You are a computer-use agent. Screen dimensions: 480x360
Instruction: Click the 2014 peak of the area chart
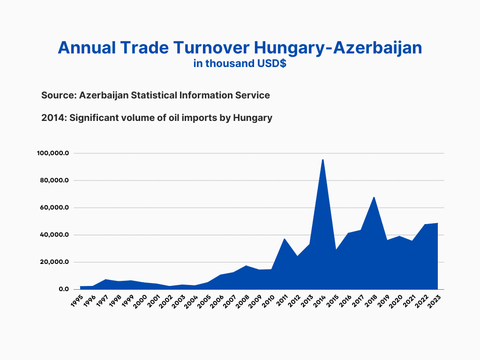coord(322,160)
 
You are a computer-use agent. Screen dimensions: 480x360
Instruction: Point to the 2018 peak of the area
coord(374,197)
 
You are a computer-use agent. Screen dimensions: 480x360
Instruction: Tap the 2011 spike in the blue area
coord(285,239)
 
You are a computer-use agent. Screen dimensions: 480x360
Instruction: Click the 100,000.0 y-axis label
coord(53,153)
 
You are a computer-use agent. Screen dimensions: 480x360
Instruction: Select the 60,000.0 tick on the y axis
coord(54,208)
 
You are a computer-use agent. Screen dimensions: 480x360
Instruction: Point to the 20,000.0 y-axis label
coord(54,262)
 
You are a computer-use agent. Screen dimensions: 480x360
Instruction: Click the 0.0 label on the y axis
coord(64,289)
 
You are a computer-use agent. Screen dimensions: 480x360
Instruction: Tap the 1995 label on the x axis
coord(77,301)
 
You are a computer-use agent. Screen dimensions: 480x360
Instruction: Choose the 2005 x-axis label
coord(204,301)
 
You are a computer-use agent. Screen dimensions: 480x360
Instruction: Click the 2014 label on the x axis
coord(319,301)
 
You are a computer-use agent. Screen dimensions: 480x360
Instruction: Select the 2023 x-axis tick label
coord(435,301)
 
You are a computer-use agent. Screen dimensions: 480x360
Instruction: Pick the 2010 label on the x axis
coord(268,301)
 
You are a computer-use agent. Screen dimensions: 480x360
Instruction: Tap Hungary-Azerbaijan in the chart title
coord(338,49)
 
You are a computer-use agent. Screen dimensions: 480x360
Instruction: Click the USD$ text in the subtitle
coord(272,63)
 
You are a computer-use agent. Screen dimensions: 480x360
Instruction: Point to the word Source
coord(59,95)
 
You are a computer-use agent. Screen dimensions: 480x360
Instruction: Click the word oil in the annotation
coord(174,118)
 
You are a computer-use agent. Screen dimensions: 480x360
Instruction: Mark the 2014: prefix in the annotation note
coord(54,118)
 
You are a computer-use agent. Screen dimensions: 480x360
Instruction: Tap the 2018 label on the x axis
coord(370,301)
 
